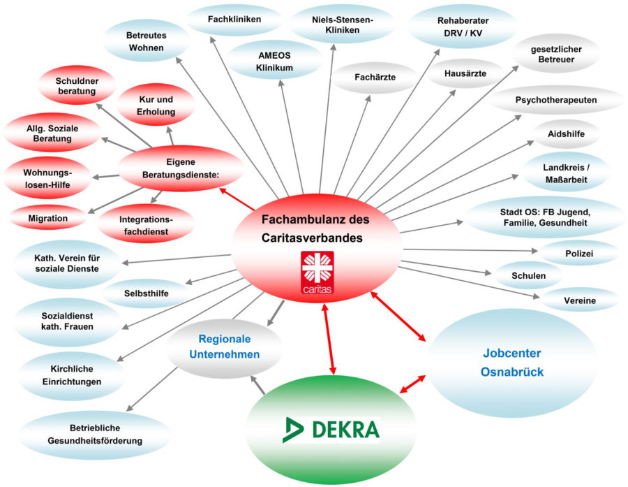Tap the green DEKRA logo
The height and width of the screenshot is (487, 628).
(331, 429)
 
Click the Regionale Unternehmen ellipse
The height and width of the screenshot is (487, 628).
(225, 347)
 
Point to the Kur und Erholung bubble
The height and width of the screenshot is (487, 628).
(156, 106)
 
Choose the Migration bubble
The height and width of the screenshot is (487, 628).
(48, 219)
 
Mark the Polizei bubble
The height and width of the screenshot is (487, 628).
(580, 254)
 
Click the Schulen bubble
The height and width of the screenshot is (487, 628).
(528, 276)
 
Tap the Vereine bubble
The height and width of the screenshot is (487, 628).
(580, 300)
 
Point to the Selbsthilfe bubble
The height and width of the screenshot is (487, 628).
(147, 293)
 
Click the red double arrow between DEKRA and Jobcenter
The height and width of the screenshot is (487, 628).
(412, 384)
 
